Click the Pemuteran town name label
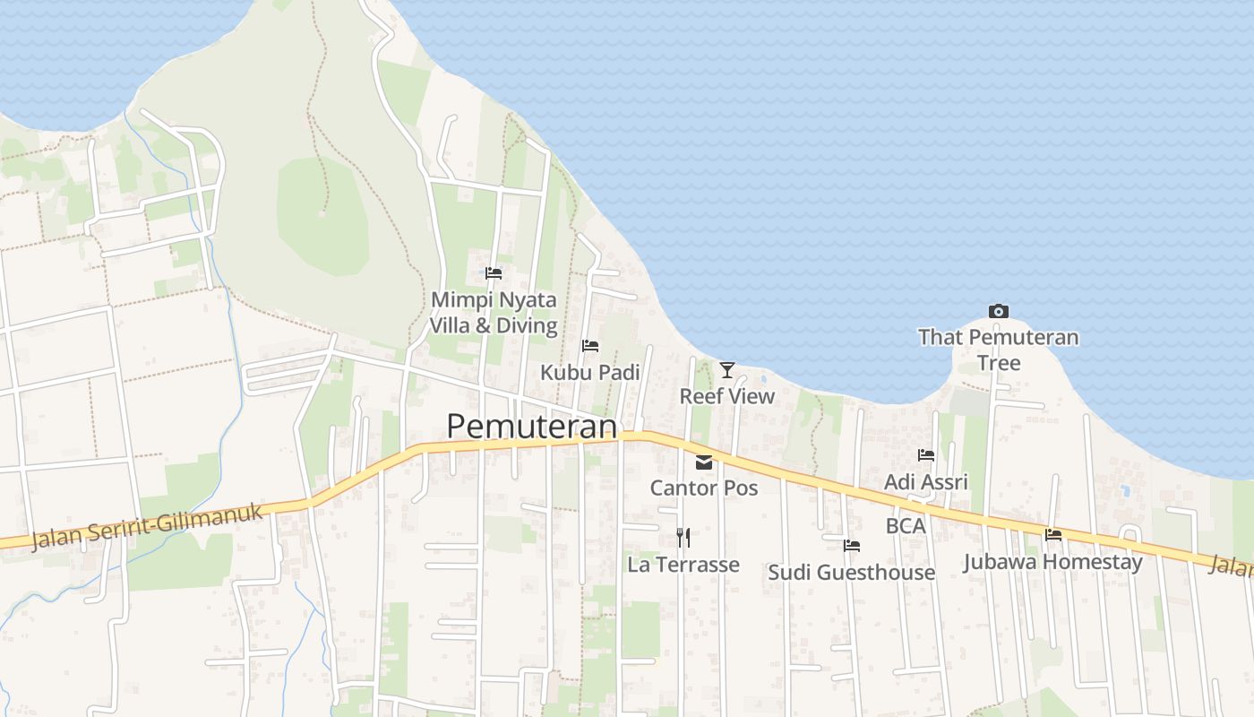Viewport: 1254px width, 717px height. point(532,427)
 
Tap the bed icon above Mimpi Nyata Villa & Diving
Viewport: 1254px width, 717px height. point(494,273)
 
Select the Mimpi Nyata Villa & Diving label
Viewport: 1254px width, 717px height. point(494,312)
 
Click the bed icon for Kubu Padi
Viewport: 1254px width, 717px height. point(589,346)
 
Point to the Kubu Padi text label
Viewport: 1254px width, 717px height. point(589,372)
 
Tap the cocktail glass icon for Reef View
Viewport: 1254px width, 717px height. point(726,369)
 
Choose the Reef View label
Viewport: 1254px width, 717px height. point(726,396)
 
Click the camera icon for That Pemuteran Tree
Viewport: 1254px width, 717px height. point(999,311)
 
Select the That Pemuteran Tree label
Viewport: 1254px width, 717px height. point(999,350)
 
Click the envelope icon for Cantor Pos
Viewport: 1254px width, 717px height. point(704,462)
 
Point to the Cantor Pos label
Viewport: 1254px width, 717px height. point(704,488)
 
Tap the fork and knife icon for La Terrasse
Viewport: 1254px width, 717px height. point(683,538)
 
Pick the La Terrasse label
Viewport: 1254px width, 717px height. point(683,565)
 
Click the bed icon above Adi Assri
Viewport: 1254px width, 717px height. point(926,455)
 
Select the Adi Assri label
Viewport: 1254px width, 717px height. point(926,482)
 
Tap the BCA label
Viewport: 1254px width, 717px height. point(906,526)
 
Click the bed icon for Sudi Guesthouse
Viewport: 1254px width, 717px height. point(851,545)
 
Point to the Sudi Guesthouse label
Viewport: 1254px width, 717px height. point(851,572)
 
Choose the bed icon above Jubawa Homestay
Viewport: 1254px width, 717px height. point(1053,535)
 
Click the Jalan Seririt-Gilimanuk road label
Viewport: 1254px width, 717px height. point(149,527)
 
